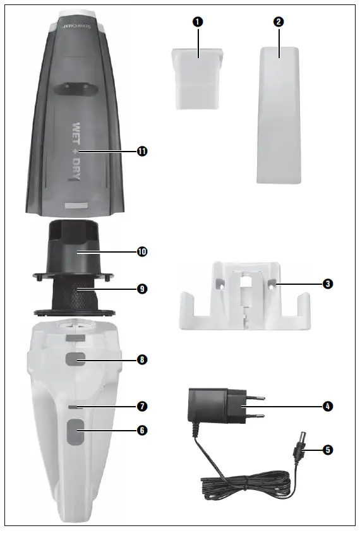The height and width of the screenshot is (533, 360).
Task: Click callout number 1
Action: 198,21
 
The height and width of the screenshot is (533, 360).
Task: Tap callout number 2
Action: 279,21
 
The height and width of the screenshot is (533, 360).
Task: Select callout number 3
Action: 328,284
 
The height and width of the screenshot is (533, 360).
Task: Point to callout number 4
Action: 328,406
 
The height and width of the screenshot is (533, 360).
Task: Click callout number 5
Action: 328,450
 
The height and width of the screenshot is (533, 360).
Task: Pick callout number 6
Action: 142,429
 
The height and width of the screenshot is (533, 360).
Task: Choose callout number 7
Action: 142,405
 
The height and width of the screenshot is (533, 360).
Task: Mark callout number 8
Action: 142,359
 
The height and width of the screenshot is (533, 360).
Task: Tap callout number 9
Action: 142,289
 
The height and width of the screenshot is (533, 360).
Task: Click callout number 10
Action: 142,251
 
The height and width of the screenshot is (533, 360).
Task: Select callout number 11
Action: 142,151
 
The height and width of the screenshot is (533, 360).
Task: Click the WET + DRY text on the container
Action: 76,152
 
